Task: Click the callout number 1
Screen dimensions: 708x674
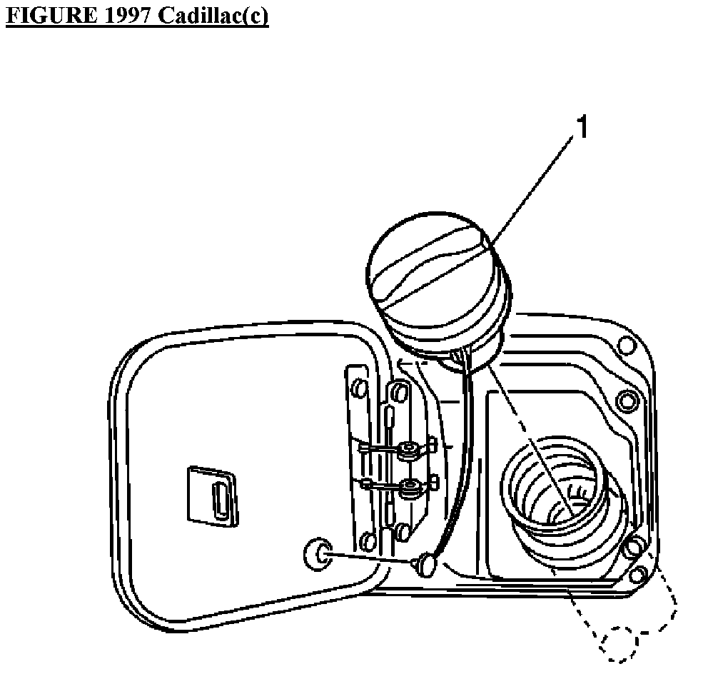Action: (x=582, y=129)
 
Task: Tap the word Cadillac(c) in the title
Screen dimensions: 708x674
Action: (x=213, y=16)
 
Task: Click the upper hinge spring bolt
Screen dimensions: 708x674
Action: (x=409, y=451)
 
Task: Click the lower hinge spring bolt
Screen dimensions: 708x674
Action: (x=410, y=489)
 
